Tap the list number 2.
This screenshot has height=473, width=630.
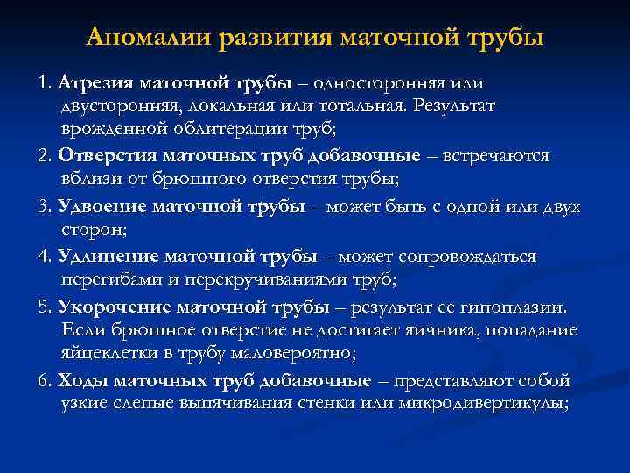click(x=45, y=156)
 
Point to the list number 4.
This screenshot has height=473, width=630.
click(x=45, y=258)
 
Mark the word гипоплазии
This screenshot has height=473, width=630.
click(x=516, y=307)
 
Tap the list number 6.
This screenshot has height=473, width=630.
click(x=45, y=381)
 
